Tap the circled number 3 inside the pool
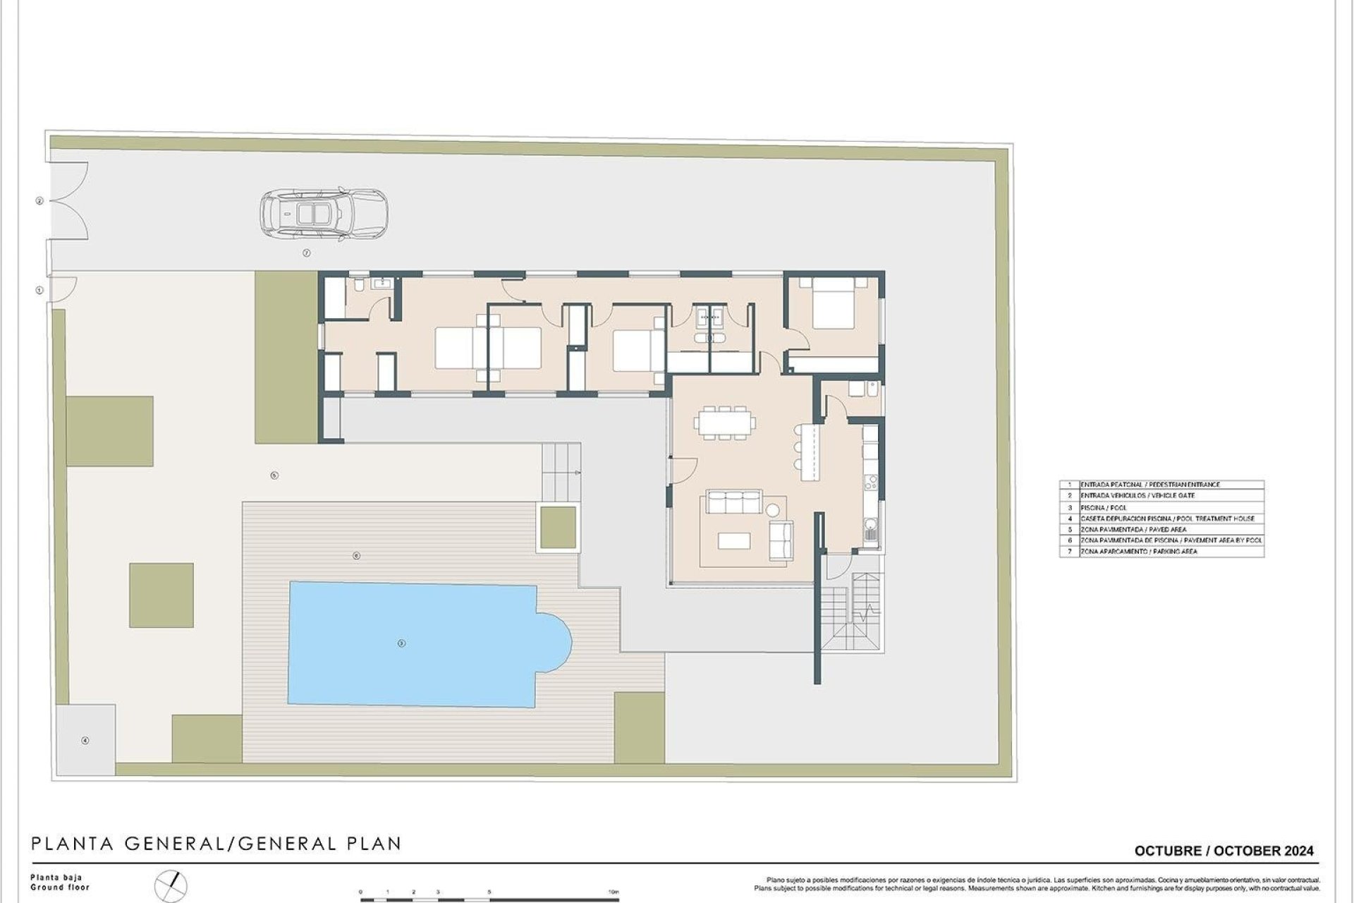click(x=401, y=643)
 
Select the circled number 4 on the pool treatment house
click(x=85, y=740)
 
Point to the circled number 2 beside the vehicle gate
click(x=39, y=201)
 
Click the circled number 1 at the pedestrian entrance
click(x=39, y=290)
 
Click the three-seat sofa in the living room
click(x=734, y=503)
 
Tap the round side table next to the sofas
click(x=773, y=510)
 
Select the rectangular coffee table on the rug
click(x=734, y=540)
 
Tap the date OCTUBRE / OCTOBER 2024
click(x=1224, y=851)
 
